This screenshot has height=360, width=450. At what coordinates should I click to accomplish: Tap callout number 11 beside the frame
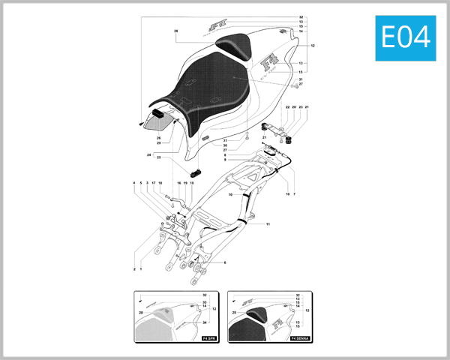[x=268, y=224]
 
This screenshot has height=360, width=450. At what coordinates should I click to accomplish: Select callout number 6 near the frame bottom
[x=224, y=262]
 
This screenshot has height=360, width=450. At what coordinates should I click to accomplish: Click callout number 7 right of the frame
[x=295, y=194]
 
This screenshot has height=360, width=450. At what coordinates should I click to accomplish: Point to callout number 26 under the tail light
[x=159, y=137]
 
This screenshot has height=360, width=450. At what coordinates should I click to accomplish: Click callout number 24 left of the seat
[x=149, y=154]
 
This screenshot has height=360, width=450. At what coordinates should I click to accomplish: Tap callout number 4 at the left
[x=134, y=183]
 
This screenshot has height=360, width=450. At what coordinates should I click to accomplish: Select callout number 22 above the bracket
[x=287, y=107]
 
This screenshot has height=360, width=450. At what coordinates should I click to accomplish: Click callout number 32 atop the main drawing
[x=301, y=16]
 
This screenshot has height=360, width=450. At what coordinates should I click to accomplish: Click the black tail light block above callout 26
[x=160, y=113]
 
